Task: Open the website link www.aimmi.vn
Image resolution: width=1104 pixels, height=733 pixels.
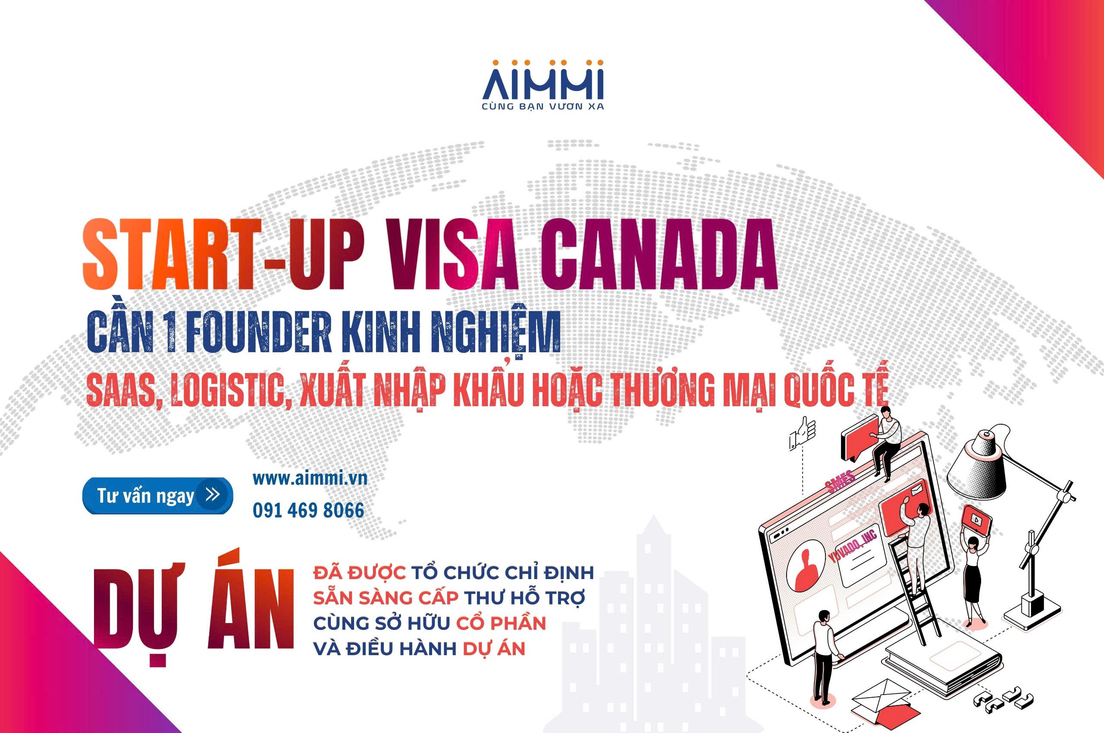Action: click(310, 479)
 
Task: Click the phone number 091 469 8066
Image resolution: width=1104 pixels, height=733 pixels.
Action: click(309, 511)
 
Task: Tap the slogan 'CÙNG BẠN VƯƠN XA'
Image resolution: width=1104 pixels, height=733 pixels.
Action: click(543, 107)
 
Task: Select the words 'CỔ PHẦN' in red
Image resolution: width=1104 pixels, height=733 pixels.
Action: click(501, 623)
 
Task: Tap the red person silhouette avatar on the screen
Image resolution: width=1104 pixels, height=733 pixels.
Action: click(806, 568)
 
